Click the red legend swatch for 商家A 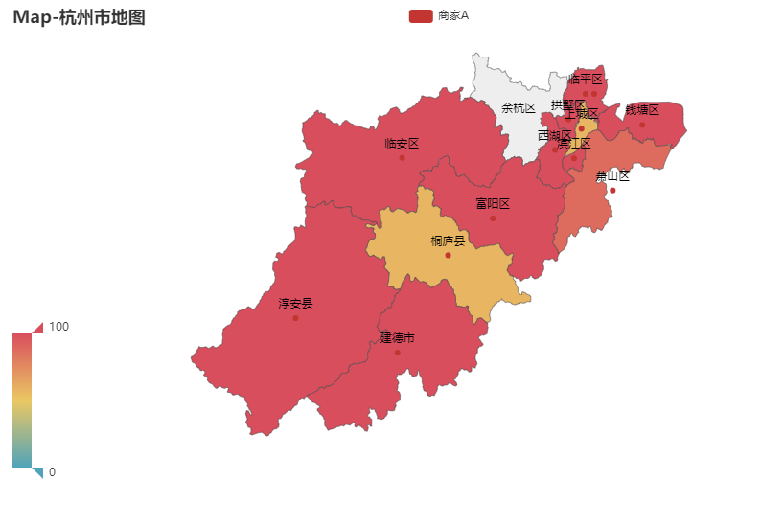tap(421, 15)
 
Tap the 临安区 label tap(402, 144)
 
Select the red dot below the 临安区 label tap(402, 157)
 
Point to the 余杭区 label tap(519, 108)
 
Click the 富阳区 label tap(493, 204)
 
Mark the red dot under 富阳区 tap(493, 218)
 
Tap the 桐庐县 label tap(448, 240)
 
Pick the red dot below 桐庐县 tap(448, 255)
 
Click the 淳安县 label tap(295, 304)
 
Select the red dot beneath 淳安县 tap(295, 318)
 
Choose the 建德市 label tap(397, 338)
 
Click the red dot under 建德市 tap(397, 353)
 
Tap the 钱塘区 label tap(642, 110)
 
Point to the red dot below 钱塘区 tap(642, 125)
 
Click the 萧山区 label tap(612, 175)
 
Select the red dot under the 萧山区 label tap(612, 190)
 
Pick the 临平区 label tap(586, 80)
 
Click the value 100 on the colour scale tap(58, 327)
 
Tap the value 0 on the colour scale tap(52, 472)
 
